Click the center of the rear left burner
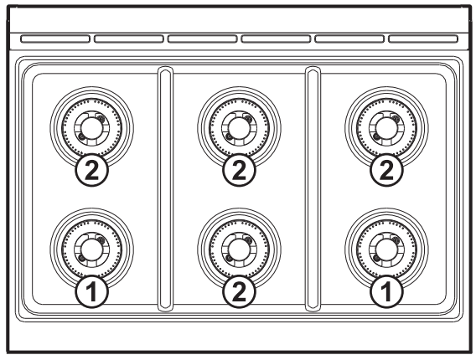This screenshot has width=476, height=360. (90, 126)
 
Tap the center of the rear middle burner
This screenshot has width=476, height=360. (239, 126)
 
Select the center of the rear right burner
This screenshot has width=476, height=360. (385, 126)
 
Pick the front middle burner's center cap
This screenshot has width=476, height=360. (239, 248)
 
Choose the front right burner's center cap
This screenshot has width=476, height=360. (385, 248)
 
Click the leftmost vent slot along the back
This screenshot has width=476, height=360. (54, 39)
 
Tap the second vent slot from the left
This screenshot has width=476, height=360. (127, 39)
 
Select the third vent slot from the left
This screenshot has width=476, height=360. (202, 39)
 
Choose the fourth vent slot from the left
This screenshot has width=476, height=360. (276, 39)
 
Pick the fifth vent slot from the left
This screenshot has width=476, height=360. (349, 39)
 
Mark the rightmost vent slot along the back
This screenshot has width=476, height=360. (423, 39)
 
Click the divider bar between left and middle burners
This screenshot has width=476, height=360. (164, 188)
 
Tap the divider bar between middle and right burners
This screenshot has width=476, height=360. (313, 188)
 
